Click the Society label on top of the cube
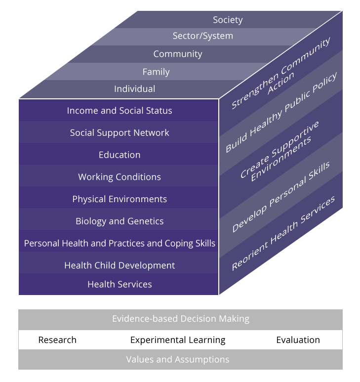228,20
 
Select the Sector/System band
202,36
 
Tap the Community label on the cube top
178,54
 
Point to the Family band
156,72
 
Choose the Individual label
134,89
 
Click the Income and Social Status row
120,111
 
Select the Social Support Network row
120,133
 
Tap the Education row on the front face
120,155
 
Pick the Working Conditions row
120,177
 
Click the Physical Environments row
120,199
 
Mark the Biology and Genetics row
120,221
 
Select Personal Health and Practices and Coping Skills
120,243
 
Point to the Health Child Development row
120,265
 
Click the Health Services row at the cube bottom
120,284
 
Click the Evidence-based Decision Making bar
180,319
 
